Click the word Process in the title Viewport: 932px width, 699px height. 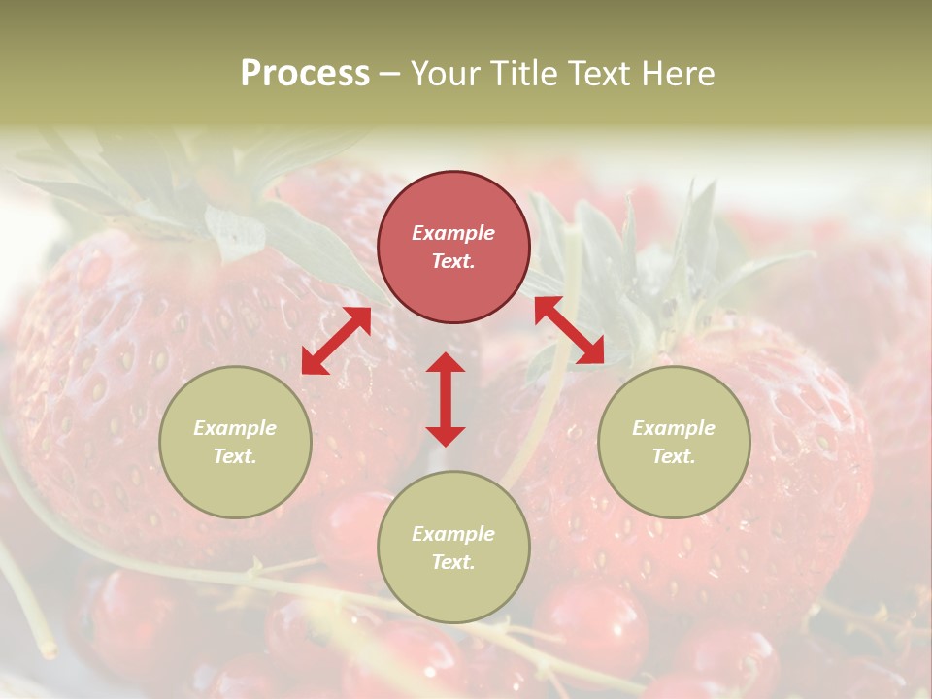[x=305, y=74]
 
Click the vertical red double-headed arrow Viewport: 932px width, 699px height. [x=446, y=399]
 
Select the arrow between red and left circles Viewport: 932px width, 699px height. [x=336, y=341]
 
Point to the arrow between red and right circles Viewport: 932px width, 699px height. [x=569, y=330]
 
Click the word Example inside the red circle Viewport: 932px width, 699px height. [x=453, y=233]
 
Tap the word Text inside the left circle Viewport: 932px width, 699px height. [x=235, y=456]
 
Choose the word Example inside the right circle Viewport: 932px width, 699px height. [x=674, y=428]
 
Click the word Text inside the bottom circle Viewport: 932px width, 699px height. [x=453, y=562]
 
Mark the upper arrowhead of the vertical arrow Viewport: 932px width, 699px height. [x=446, y=364]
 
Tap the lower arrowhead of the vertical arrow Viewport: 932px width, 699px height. [x=446, y=435]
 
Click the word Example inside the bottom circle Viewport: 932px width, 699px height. [x=453, y=534]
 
